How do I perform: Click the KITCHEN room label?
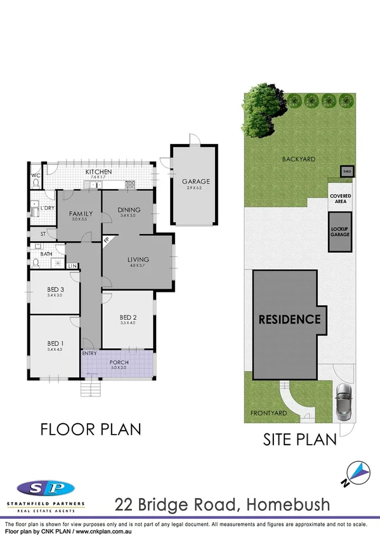(x=99, y=172)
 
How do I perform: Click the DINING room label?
(x=129, y=210)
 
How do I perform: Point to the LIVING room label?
(x=138, y=259)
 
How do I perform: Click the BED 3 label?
(x=55, y=289)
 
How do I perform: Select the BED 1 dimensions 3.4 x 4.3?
(x=55, y=350)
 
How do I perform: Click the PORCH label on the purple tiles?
(x=119, y=363)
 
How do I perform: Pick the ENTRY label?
(x=89, y=354)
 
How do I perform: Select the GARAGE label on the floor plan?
(x=194, y=181)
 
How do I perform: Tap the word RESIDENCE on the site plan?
(x=289, y=320)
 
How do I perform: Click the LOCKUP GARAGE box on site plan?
(x=339, y=232)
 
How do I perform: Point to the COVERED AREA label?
(x=340, y=199)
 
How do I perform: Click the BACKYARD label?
(x=298, y=160)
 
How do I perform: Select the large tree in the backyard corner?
(x=259, y=108)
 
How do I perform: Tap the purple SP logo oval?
(x=44, y=488)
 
